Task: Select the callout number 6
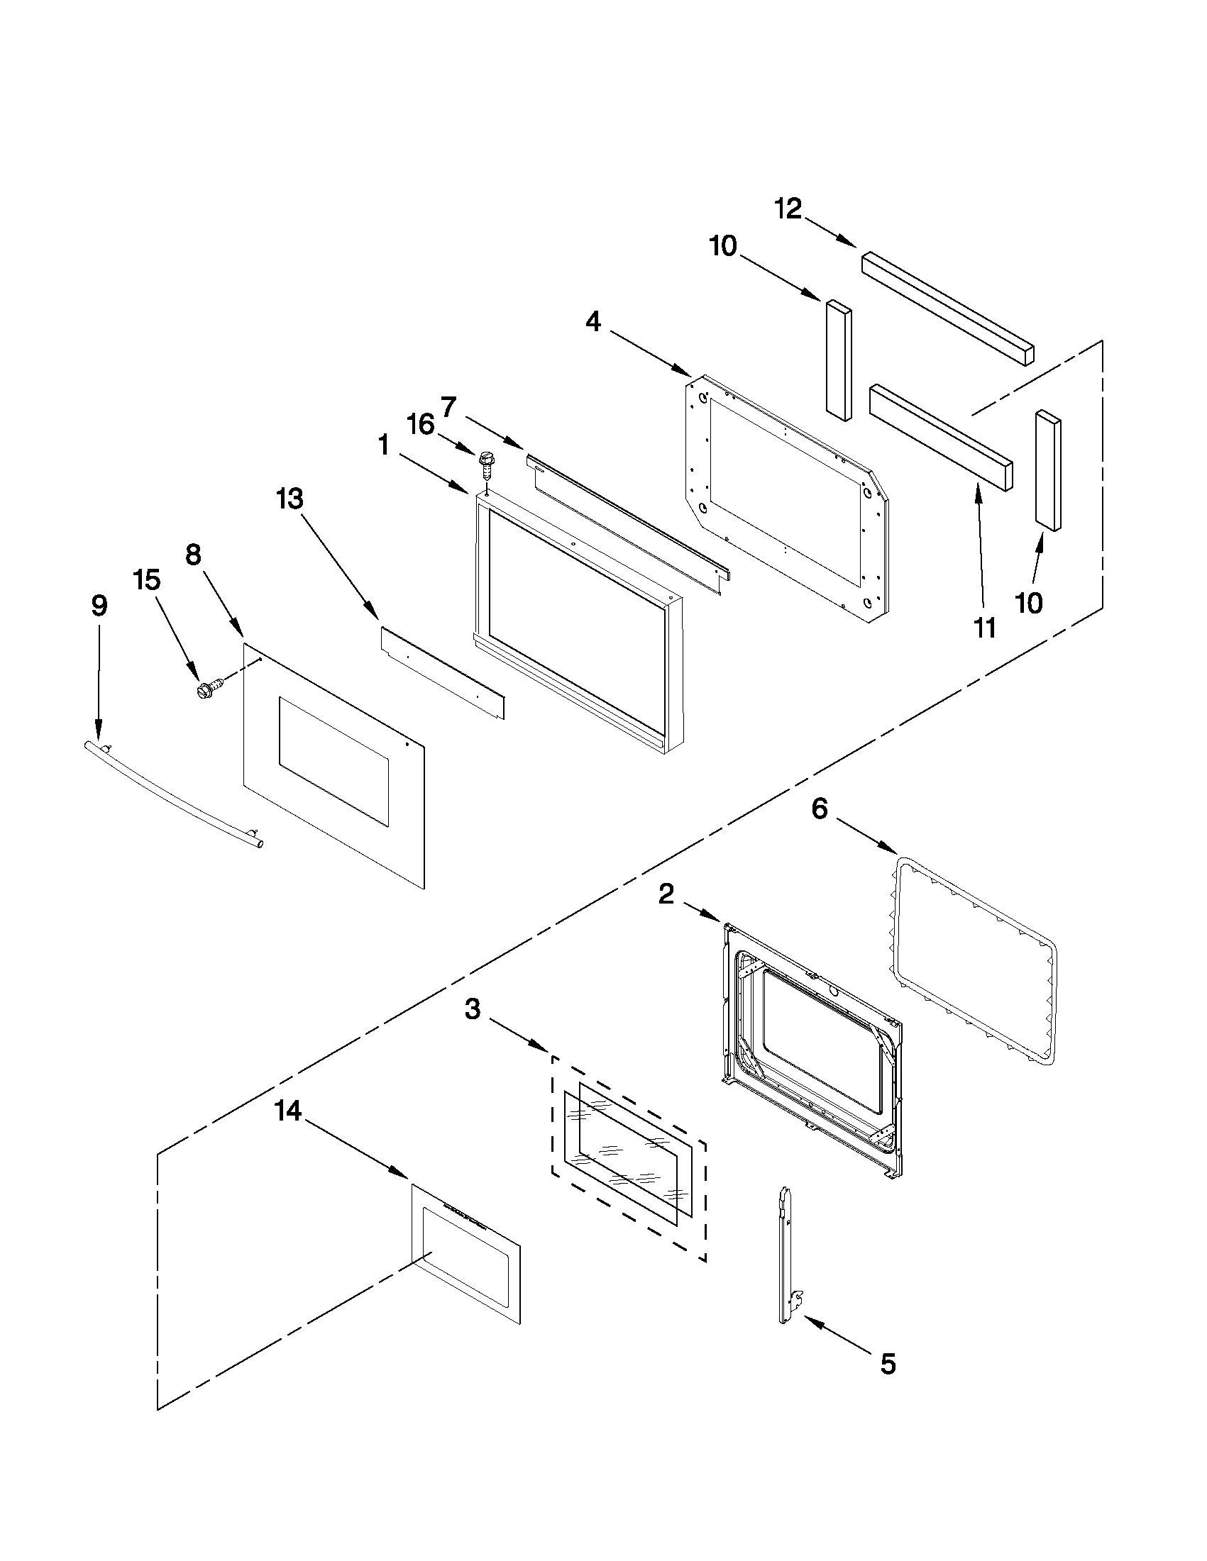tap(820, 809)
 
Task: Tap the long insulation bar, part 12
tap(947, 309)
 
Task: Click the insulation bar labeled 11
tap(940, 438)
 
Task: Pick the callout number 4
tap(593, 322)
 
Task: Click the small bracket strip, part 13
tap(442, 673)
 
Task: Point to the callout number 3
tap(473, 1009)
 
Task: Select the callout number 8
tap(194, 555)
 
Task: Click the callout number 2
tap(666, 894)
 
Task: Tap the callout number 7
tap(448, 407)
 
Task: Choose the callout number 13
tap(290, 499)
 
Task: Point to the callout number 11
tap(985, 628)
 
